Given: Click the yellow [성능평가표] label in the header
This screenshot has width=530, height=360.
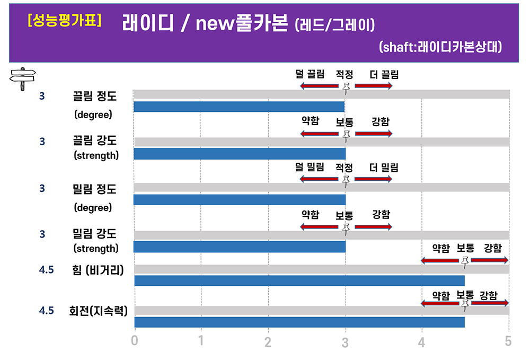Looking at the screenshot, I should [x=65, y=21].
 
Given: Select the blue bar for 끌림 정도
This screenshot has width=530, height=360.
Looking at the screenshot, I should [x=239, y=107].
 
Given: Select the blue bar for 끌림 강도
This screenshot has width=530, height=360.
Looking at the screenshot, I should [x=239, y=154].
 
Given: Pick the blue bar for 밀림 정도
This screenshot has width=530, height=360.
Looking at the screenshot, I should [x=239, y=200].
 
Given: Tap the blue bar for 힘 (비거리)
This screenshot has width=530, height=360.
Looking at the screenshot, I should [x=299, y=280].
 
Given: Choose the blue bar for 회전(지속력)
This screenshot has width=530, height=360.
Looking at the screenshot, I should [x=299, y=322].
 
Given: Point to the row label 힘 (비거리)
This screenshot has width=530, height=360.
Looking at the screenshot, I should [x=98, y=270].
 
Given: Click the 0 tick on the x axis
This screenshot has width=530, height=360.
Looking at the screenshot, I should [x=135, y=341].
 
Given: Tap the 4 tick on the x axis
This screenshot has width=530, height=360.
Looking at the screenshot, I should [x=422, y=342].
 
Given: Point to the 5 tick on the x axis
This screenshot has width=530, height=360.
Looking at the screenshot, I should [x=508, y=341].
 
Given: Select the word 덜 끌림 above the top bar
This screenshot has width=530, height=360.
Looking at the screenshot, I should [x=310, y=74].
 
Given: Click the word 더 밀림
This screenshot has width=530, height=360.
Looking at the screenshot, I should [x=384, y=168].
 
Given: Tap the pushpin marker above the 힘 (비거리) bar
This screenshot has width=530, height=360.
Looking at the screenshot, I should [x=465, y=261].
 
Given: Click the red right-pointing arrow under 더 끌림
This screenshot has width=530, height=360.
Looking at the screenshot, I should [x=374, y=86].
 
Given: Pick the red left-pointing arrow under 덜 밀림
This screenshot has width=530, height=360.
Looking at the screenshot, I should [x=319, y=179].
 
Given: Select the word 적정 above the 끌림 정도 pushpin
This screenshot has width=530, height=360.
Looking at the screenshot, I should [x=344, y=74].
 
